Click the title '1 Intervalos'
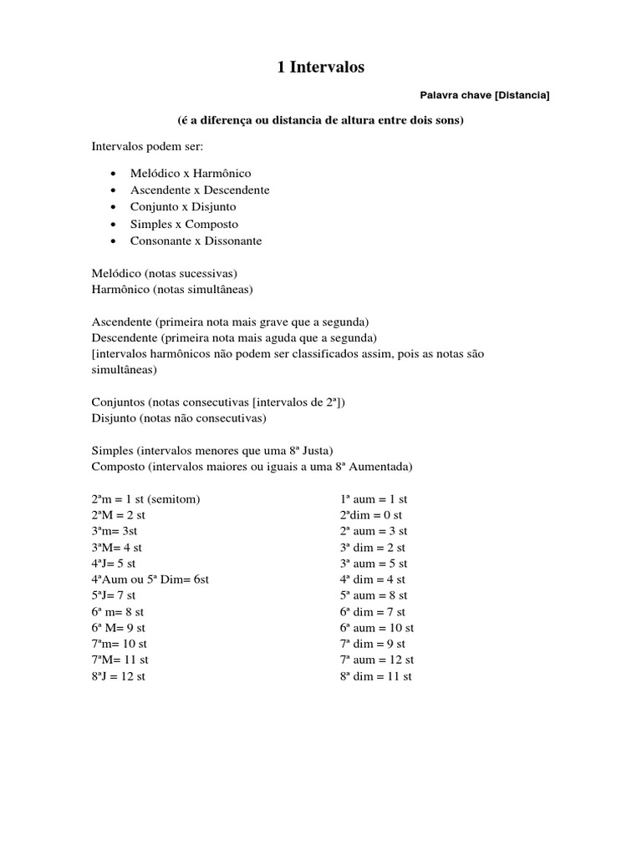321,68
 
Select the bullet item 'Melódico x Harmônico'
190,173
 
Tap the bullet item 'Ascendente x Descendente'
199,190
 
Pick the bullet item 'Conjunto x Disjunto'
183,206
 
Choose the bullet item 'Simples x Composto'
184,224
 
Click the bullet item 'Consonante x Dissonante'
196,240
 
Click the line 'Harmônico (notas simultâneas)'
172,289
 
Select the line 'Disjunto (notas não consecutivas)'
179,417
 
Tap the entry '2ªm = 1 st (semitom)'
146,499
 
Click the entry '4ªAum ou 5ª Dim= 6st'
150,579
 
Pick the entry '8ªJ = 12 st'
119,676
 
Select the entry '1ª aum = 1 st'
374,499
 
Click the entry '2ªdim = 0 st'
371,515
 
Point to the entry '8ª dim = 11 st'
376,676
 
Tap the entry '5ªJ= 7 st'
114,595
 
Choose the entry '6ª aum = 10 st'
377,627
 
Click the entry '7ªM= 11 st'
120,660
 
